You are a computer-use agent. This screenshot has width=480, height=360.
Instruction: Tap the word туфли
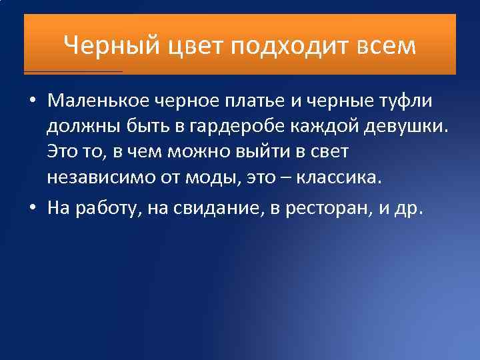click(405, 101)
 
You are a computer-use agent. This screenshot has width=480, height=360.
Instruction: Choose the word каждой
click(323, 127)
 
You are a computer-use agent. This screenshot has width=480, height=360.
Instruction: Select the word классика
click(347, 178)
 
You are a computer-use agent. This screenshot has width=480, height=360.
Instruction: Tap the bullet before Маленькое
click(32, 102)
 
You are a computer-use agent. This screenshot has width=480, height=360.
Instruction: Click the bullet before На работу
click(32, 208)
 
